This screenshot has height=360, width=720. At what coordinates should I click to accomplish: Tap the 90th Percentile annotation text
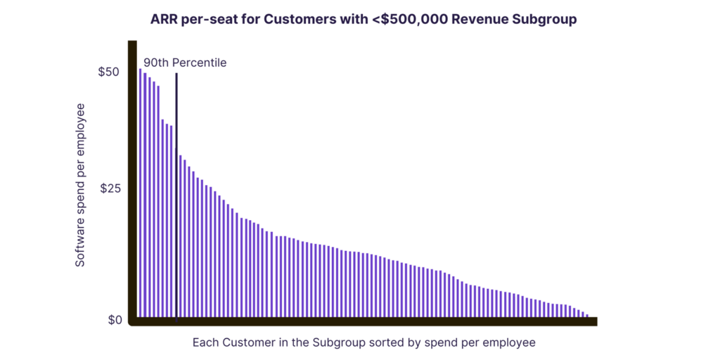click(x=185, y=63)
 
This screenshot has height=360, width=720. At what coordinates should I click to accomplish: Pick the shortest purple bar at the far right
click(x=587, y=316)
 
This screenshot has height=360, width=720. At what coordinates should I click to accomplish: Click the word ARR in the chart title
click(x=165, y=20)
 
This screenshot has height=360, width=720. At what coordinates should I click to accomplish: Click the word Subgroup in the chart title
click(x=543, y=20)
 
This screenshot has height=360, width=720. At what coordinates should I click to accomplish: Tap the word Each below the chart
click(x=205, y=343)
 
